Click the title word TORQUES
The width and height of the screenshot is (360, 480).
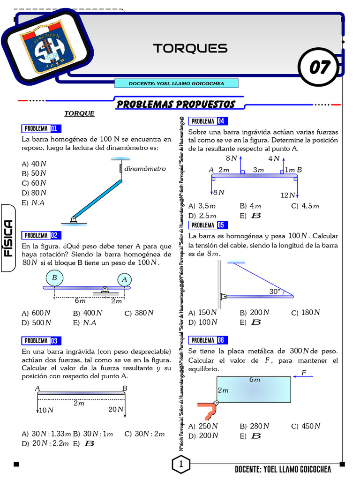(x=190, y=48)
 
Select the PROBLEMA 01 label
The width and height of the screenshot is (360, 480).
(x=41, y=128)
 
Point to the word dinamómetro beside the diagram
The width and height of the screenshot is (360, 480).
(x=145, y=169)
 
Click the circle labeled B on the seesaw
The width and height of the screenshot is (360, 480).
(x=54, y=278)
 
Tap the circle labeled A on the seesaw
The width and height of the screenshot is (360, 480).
(x=124, y=280)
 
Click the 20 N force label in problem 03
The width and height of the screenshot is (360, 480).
(x=115, y=410)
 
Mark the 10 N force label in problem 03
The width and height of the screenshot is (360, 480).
(x=46, y=411)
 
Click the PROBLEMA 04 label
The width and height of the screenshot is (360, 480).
(x=208, y=121)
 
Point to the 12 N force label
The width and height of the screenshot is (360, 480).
(x=287, y=195)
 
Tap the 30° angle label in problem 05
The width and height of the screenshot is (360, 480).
(x=275, y=291)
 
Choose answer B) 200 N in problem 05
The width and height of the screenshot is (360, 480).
(x=255, y=313)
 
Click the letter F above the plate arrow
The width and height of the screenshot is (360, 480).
(x=303, y=373)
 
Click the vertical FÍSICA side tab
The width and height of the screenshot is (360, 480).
(x=8, y=238)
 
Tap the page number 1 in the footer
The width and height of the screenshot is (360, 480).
(x=180, y=465)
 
